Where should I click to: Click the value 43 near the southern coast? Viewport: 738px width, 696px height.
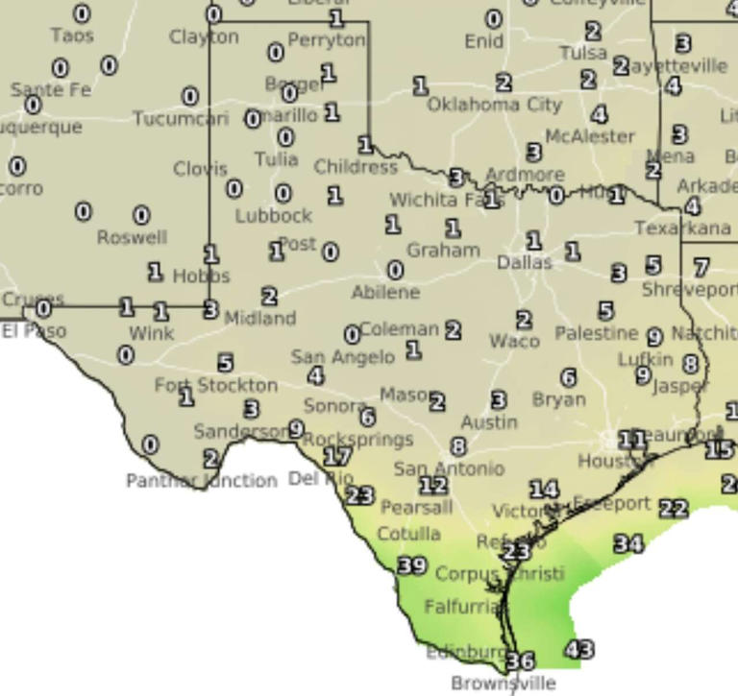(579, 650)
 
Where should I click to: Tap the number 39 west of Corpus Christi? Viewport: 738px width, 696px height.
(411, 565)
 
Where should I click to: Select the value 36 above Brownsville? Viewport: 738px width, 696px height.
(520, 660)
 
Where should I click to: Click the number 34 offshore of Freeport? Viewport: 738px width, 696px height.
(628, 543)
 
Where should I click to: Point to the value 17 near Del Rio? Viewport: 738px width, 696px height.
(336, 457)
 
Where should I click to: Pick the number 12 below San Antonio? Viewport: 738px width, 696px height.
(433, 486)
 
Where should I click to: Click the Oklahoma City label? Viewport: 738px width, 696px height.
(494, 104)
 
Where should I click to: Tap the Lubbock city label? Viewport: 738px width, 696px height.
(274, 216)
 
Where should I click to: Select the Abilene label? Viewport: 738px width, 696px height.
(385, 292)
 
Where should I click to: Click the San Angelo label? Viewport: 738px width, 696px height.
(342, 357)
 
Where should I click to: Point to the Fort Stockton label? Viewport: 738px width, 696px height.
(216, 385)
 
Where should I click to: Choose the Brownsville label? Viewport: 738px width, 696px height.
(504, 684)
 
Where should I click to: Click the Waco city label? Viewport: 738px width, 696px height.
(514, 341)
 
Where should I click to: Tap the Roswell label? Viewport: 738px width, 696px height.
(133, 237)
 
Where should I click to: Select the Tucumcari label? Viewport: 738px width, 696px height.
(181, 119)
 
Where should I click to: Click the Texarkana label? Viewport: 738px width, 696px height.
(682, 228)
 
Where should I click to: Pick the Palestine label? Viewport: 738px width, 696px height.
(596, 333)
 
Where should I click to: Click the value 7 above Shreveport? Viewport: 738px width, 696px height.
(701, 267)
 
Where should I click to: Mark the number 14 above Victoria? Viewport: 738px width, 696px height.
(544, 490)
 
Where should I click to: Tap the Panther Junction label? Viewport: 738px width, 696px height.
(202, 480)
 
